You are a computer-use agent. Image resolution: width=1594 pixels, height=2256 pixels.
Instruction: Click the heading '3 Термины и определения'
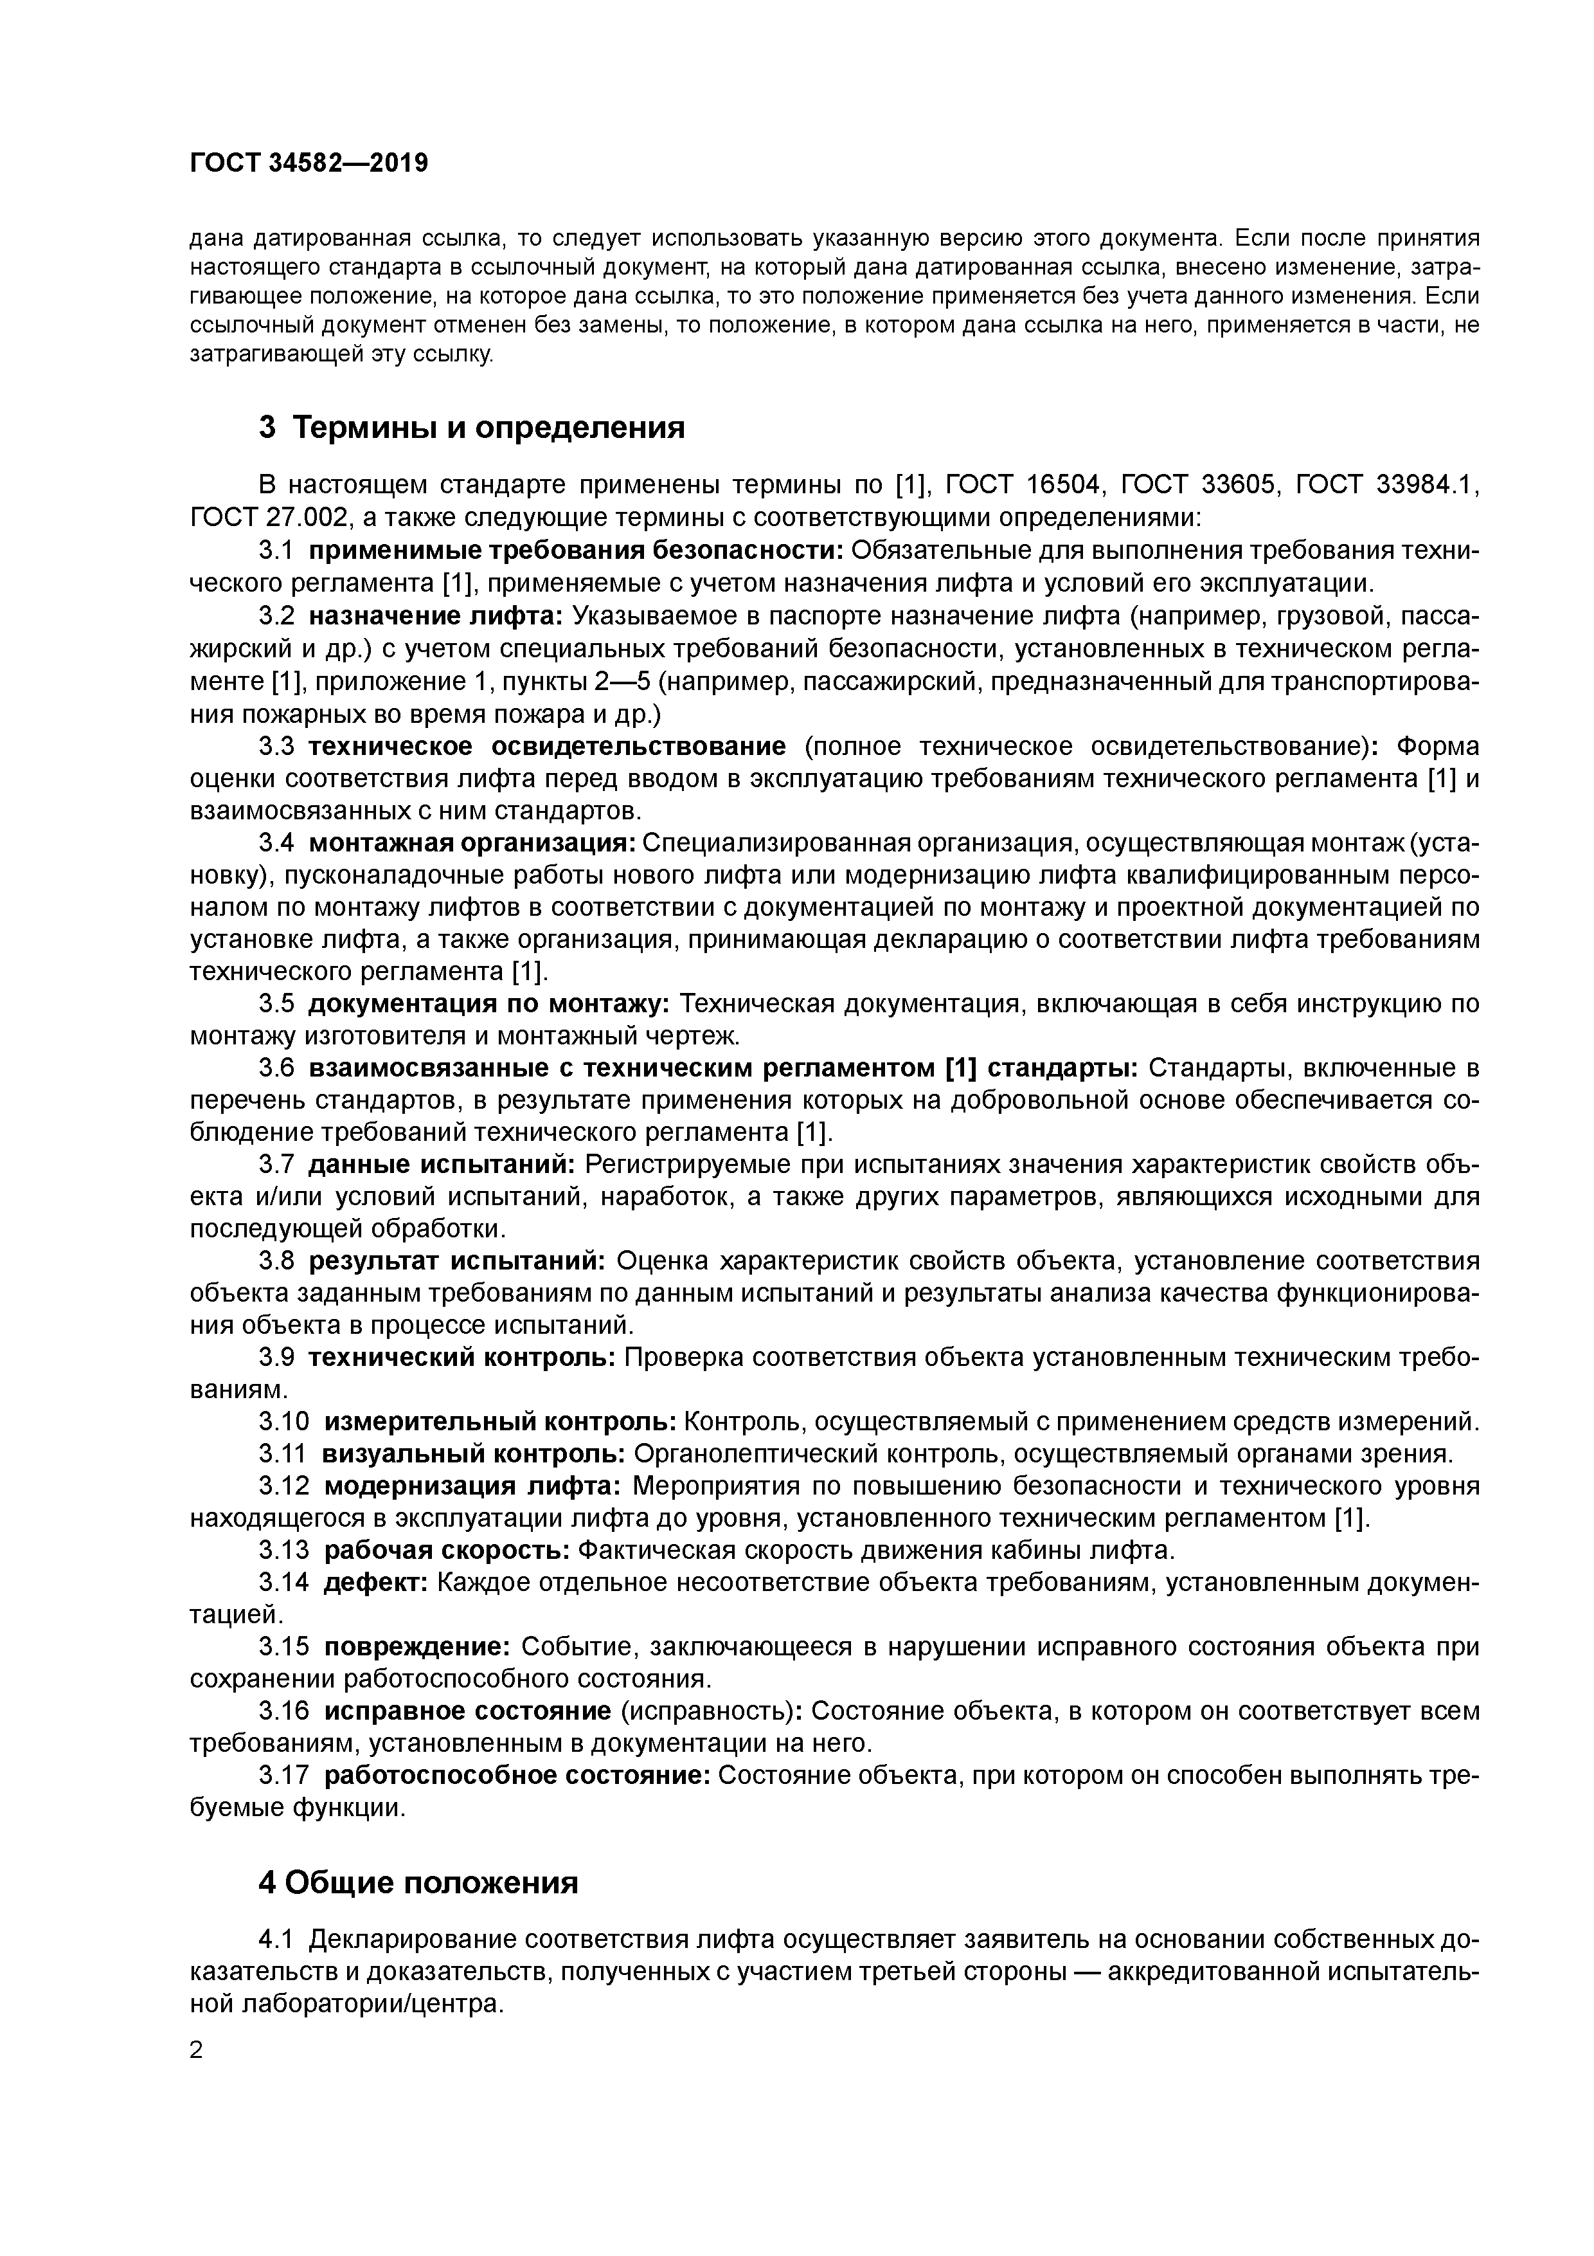click(x=471, y=428)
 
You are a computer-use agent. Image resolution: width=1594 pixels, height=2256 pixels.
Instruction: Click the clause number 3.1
click(x=276, y=550)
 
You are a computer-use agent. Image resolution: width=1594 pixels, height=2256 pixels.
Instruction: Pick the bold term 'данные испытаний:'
click(x=441, y=1165)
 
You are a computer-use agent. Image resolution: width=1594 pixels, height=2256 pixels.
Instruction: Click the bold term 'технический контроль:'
click(x=461, y=1357)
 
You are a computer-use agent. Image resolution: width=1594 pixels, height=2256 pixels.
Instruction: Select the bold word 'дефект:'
click(x=375, y=1582)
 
